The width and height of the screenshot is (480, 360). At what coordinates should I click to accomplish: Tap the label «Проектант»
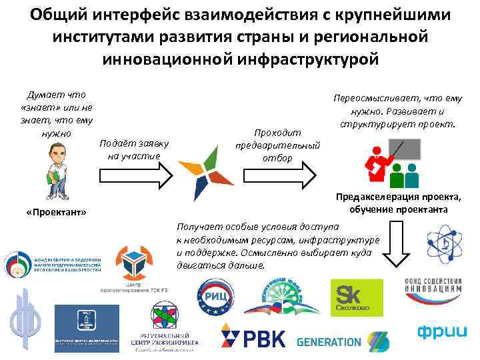(55, 211)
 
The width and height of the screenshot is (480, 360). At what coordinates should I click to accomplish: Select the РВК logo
(253, 336)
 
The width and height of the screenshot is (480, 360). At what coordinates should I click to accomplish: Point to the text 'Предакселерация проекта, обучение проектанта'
(397, 203)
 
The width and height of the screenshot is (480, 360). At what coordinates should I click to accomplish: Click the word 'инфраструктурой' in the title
(303, 58)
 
